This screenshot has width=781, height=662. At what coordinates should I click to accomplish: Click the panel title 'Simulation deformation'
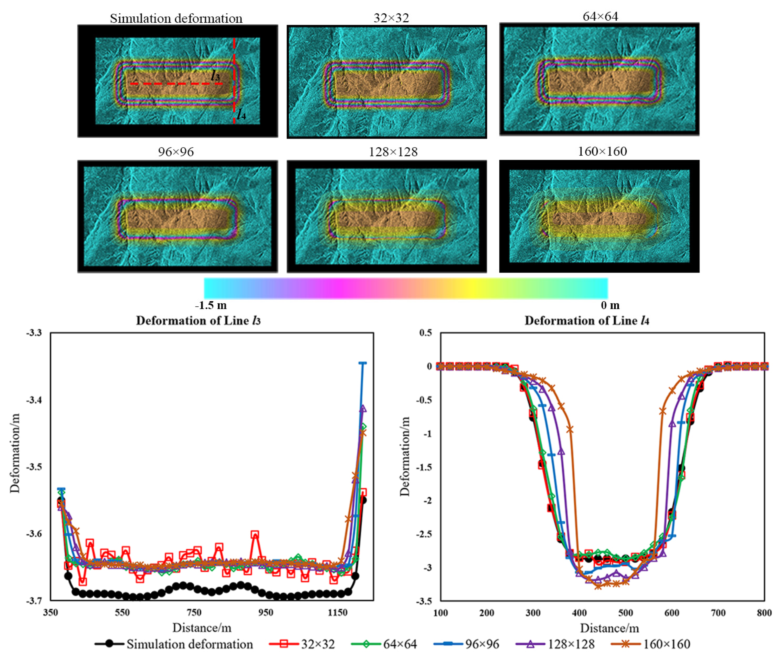[176, 18]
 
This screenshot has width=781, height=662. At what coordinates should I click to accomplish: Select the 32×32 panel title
[391, 18]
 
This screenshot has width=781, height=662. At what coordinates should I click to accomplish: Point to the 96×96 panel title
[176, 152]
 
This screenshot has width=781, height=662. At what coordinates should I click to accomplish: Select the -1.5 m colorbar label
[211, 305]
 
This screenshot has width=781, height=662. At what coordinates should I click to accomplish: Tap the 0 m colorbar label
[610, 305]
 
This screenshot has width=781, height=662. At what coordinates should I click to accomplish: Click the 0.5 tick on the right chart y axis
[425, 333]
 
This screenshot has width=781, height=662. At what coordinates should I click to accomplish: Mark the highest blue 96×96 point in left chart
[362, 363]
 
